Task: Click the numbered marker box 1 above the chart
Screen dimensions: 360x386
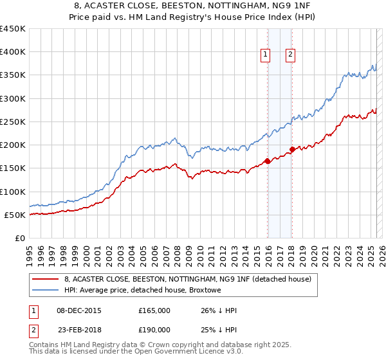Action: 265,55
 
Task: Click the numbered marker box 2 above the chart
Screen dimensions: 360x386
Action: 291,55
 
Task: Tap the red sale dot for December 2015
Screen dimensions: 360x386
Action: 267,161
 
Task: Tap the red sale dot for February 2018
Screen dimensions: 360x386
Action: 292,150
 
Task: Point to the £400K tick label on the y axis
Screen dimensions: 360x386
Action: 13,52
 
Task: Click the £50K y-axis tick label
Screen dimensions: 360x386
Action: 15,215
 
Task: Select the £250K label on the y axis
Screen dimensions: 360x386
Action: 13,122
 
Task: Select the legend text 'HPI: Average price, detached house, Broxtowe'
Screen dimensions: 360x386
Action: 143,290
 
